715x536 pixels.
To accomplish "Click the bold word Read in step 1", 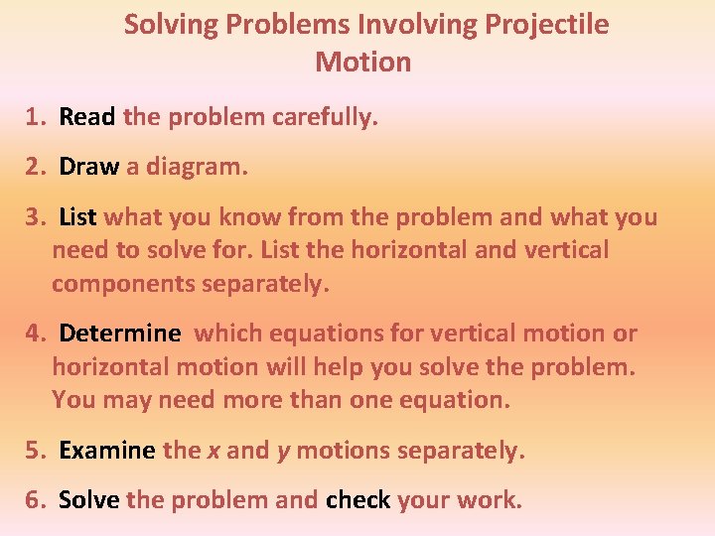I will [x=87, y=117].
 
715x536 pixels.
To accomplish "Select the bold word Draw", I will [x=89, y=167].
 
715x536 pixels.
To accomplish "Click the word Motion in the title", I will [x=362, y=62].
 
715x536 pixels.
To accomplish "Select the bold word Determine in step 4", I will [x=120, y=334].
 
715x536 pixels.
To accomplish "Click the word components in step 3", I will [x=123, y=284].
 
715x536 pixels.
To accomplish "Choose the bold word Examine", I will [x=107, y=451].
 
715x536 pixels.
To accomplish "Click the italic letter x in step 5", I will [x=214, y=452].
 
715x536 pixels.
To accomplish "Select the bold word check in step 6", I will [x=357, y=500].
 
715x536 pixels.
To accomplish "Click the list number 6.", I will [x=37, y=500].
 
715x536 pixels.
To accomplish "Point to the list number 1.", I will [x=37, y=117].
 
